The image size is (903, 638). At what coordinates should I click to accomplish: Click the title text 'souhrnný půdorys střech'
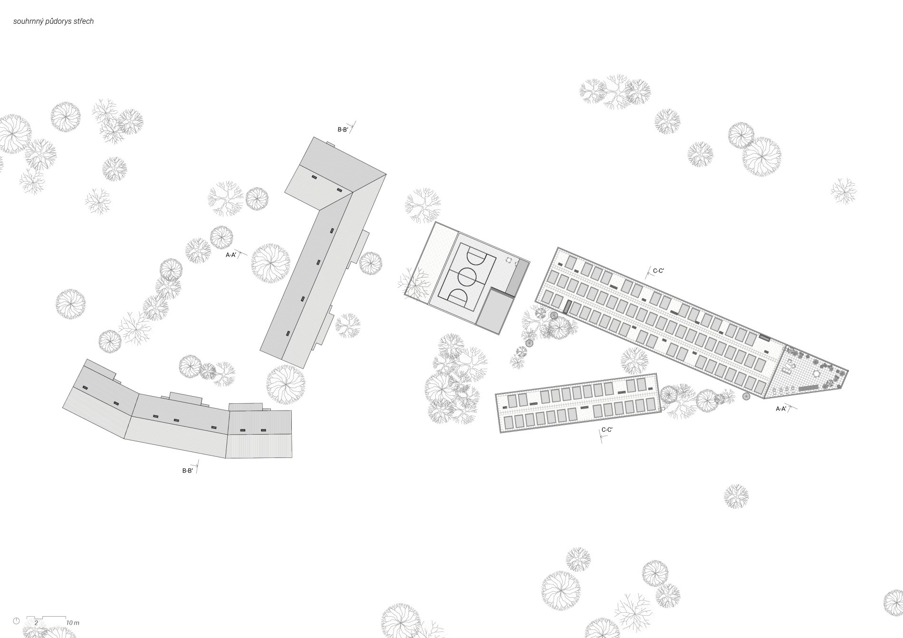[x=53, y=21]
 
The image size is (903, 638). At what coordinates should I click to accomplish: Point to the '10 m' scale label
[x=73, y=622]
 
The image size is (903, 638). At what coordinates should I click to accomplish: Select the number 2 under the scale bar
[x=36, y=622]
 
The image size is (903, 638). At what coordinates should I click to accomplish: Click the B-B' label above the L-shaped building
[x=343, y=129]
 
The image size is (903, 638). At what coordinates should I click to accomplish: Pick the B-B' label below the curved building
[x=187, y=471]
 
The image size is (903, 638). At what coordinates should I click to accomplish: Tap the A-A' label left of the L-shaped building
[x=231, y=255]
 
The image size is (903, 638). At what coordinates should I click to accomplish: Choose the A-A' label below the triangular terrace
[x=781, y=409]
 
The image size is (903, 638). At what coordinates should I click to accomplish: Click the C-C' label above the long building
[x=659, y=271]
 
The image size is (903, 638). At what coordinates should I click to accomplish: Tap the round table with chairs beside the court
[x=509, y=260]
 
